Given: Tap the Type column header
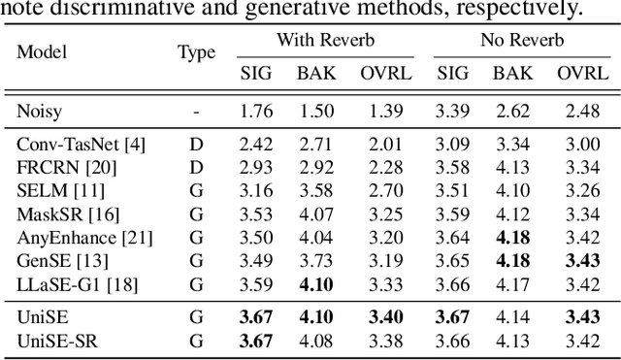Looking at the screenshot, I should [x=196, y=53].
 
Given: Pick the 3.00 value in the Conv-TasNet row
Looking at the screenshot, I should [x=579, y=145].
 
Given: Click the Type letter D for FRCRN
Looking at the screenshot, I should [x=196, y=166].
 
